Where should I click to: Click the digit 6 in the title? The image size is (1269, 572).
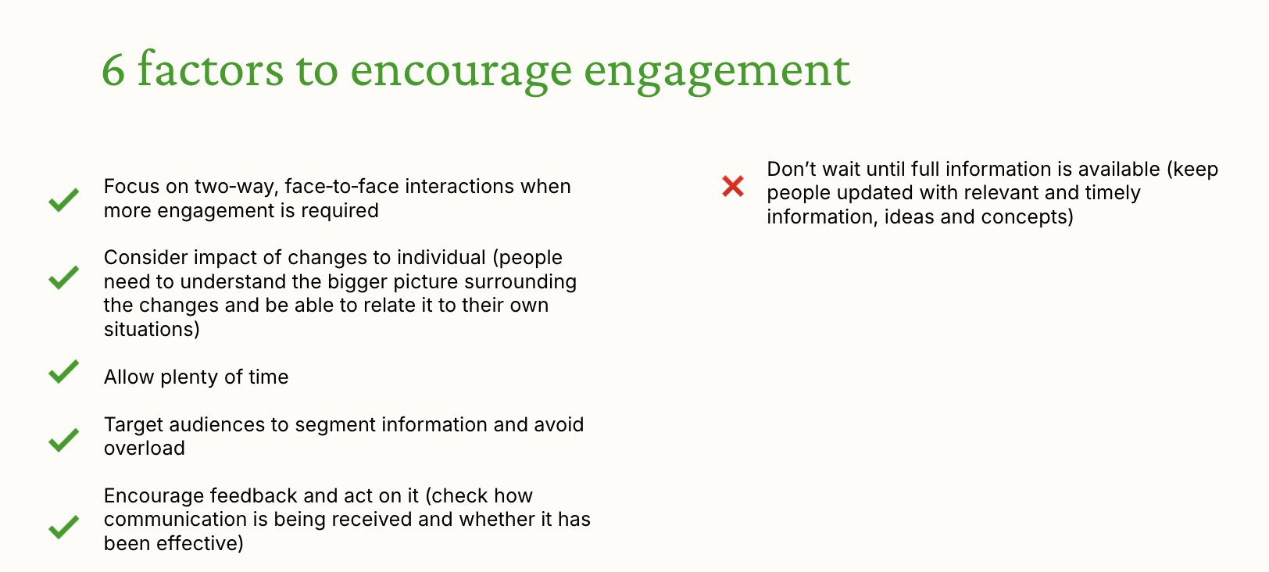click(x=113, y=70)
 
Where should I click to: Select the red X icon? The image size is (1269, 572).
click(x=732, y=186)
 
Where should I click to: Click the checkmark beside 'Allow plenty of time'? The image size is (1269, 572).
click(x=63, y=372)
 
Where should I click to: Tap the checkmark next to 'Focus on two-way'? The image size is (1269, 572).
click(x=63, y=200)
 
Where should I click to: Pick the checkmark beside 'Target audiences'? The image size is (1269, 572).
click(x=63, y=441)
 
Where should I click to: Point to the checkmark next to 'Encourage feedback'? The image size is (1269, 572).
click(x=63, y=527)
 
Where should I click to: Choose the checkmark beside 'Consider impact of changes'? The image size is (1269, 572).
click(x=63, y=277)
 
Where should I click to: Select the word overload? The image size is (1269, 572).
click(x=145, y=448)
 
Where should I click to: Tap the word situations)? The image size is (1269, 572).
click(x=152, y=329)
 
